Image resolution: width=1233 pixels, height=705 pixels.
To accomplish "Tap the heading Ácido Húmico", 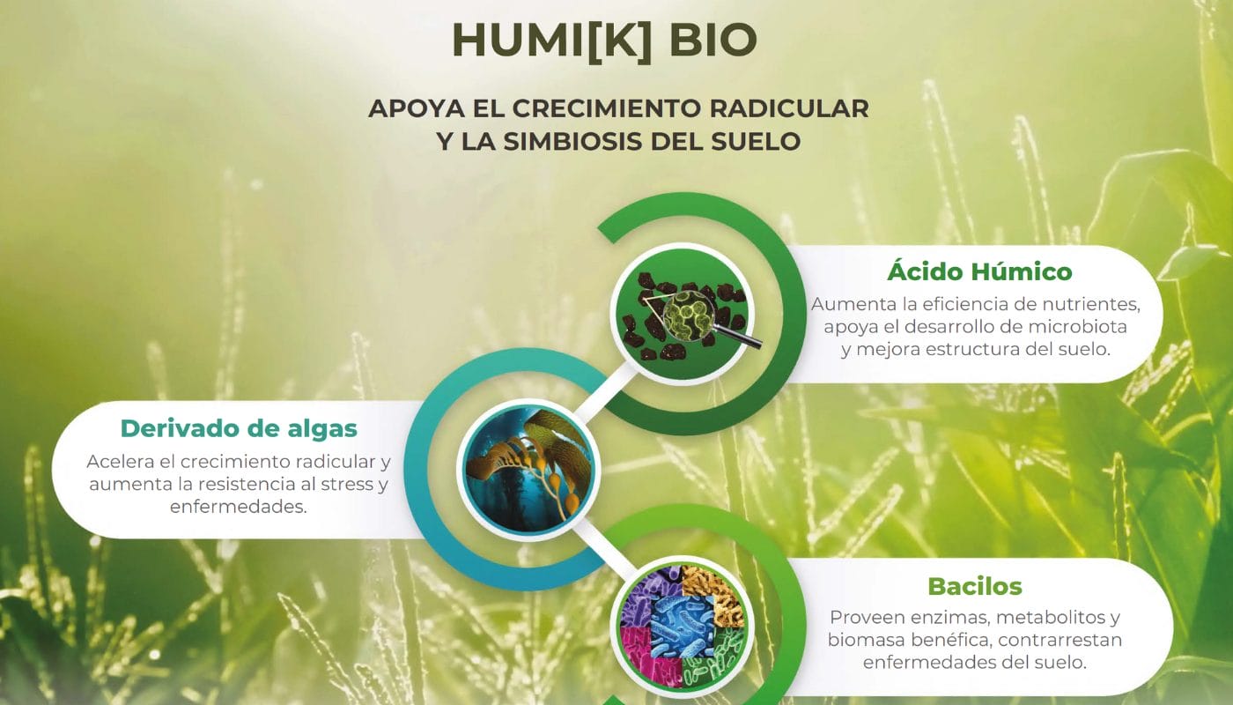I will click(x=978, y=271).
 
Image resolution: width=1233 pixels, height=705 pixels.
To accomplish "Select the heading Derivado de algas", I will click(x=239, y=428).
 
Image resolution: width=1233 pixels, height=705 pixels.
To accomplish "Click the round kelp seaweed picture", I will click(x=527, y=467).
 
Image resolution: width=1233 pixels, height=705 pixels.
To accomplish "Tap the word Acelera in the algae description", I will click(x=122, y=462).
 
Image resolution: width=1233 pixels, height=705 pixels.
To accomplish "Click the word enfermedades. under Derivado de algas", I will click(x=238, y=507).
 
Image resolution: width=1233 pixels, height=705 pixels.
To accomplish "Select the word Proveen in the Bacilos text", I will click(x=870, y=618).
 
